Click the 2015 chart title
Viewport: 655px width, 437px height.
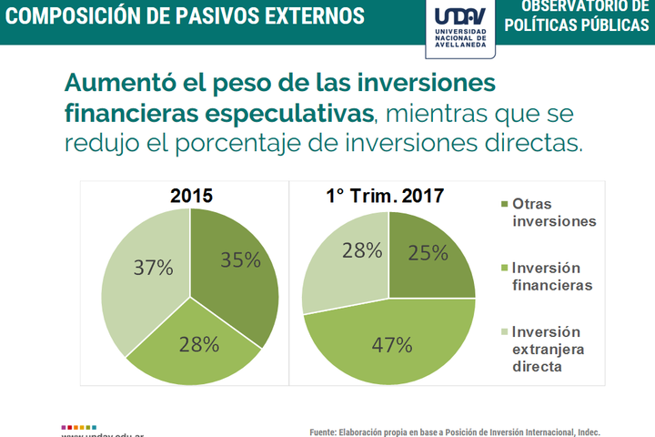pyautogui.click(x=192, y=194)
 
